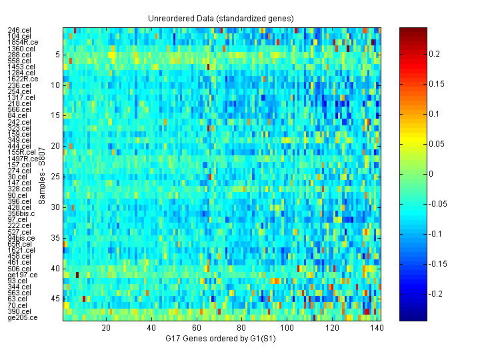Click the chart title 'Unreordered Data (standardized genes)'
click(x=221, y=18)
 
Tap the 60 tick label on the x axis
click(x=197, y=328)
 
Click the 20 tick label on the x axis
click(x=106, y=328)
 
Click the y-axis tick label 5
click(x=58, y=55)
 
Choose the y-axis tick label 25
click(x=56, y=177)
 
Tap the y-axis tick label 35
click(x=56, y=238)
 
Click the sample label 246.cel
click(x=19, y=31)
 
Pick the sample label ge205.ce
click(x=23, y=317)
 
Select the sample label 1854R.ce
click(x=23, y=43)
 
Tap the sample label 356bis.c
click(x=23, y=213)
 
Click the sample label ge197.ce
click(x=23, y=275)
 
